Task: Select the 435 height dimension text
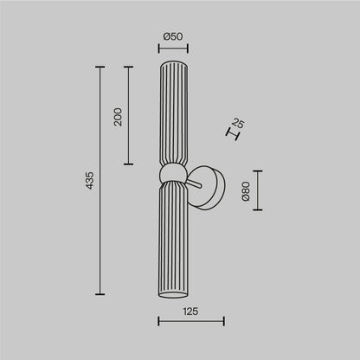(x=90, y=181)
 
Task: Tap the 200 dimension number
(x=118, y=116)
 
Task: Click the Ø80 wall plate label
(x=246, y=192)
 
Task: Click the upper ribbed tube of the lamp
(x=172, y=112)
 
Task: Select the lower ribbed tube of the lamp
(x=172, y=242)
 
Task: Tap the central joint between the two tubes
(x=173, y=172)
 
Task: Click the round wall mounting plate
(x=213, y=185)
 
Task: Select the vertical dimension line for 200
(x=129, y=116)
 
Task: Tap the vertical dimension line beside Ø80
(x=258, y=191)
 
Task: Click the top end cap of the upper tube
(x=172, y=62)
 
